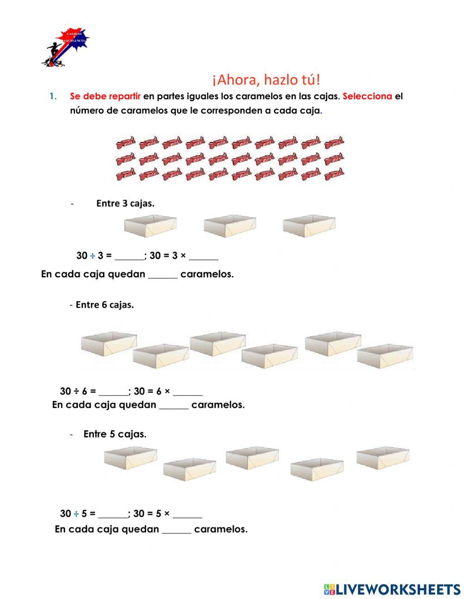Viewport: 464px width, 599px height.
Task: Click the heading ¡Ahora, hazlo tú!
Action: [x=266, y=80]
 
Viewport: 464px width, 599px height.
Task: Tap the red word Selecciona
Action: [x=367, y=97]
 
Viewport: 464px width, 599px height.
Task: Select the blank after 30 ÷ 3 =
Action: [x=129, y=256]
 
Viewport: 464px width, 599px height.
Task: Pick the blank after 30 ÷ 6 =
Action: [x=113, y=391]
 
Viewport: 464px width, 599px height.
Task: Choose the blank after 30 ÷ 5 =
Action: [x=113, y=514]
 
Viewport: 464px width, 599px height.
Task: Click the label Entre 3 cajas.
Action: [x=125, y=203]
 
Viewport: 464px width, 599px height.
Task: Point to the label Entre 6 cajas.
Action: [x=104, y=305]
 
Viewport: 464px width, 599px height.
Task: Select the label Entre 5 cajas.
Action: [x=115, y=434]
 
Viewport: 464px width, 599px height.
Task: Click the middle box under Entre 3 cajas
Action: [x=230, y=226]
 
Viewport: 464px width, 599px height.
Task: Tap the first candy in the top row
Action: [x=126, y=142]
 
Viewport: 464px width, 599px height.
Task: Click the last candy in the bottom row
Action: [x=334, y=175]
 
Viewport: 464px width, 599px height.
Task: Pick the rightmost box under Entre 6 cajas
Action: [x=385, y=356]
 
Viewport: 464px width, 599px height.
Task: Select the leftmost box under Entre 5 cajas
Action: [x=130, y=457]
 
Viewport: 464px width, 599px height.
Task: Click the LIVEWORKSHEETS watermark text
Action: [x=398, y=589]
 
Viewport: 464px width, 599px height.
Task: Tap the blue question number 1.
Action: [x=53, y=97]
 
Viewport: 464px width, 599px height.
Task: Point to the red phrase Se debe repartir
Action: [x=105, y=97]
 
